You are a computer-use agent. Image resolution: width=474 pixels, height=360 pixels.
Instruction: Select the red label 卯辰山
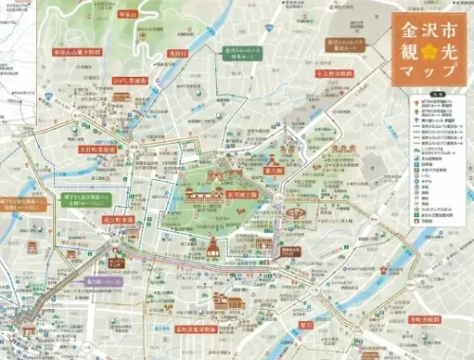tap(127, 15)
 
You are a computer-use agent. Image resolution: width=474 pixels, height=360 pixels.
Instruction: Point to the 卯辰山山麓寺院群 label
tap(77, 53)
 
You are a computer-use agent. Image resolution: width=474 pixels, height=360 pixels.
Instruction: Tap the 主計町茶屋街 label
tap(98, 149)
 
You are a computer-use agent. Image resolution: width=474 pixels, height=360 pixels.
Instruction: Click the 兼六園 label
tap(273, 171)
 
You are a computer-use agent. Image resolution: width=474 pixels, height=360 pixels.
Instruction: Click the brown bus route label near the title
tap(347, 44)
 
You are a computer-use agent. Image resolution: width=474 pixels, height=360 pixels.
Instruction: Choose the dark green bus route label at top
tap(245, 53)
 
